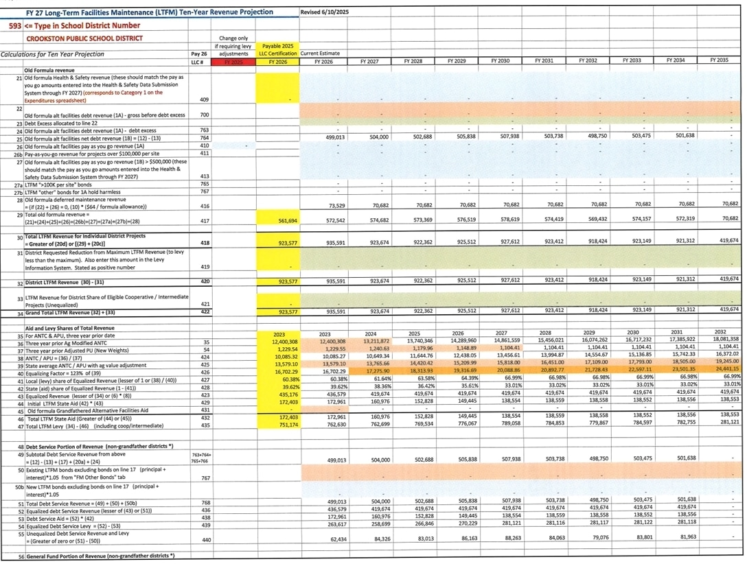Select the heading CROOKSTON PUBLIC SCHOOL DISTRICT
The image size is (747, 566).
pyautogui.click(x=84, y=39)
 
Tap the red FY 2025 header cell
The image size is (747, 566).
pyautogui.click(x=233, y=62)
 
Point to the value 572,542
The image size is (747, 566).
pyautogui.click(x=332, y=221)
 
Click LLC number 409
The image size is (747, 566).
pyautogui.click(x=203, y=99)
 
